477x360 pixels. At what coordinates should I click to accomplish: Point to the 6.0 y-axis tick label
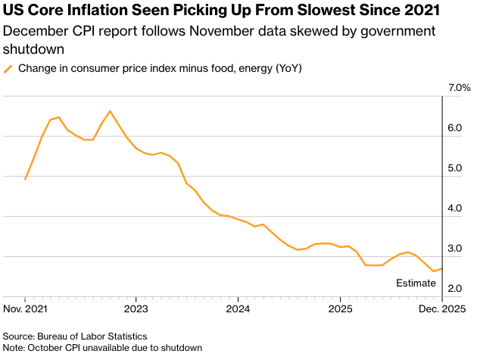[x=455, y=129]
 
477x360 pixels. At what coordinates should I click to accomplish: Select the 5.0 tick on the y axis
[x=455, y=169]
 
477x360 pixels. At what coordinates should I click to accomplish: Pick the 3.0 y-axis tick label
[x=455, y=249]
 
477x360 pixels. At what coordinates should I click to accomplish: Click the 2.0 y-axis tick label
[x=455, y=290]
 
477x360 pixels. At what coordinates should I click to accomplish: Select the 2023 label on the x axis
[x=136, y=309]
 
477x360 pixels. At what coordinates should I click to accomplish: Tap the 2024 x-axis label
[x=238, y=309]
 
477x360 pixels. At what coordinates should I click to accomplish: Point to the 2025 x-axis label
[x=340, y=309]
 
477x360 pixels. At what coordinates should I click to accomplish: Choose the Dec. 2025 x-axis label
[x=441, y=309]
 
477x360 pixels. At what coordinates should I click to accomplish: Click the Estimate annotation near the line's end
[x=416, y=283]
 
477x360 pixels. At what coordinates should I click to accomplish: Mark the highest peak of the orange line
[x=110, y=111]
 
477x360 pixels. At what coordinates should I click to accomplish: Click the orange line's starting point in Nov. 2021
[x=25, y=179]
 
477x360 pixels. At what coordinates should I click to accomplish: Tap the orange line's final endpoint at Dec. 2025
[x=442, y=268]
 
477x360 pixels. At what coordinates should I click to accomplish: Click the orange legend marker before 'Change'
[x=8, y=69]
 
